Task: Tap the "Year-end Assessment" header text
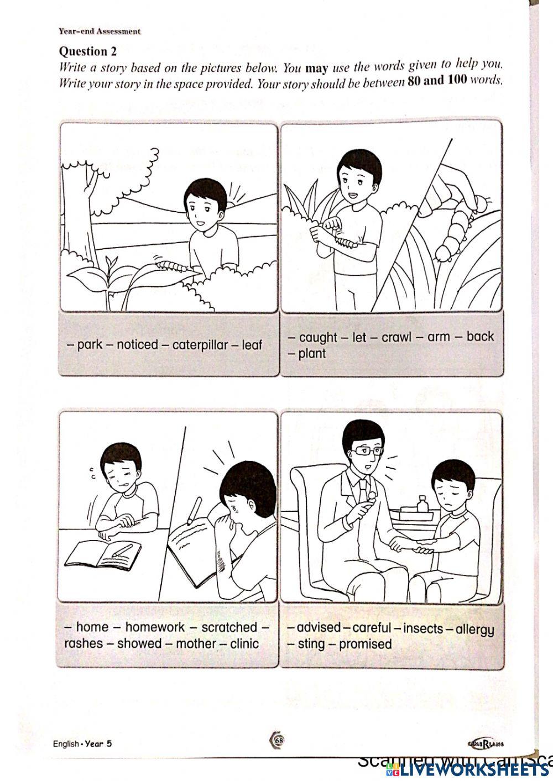(100, 31)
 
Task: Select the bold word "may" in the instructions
(316, 69)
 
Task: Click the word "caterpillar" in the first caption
(200, 345)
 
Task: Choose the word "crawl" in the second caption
(397, 337)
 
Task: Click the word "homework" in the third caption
(155, 627)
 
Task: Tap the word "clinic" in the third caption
(244, 643)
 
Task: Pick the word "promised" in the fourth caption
(365, 644)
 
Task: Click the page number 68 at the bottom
(278, 740)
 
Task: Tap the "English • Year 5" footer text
(82, 743)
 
